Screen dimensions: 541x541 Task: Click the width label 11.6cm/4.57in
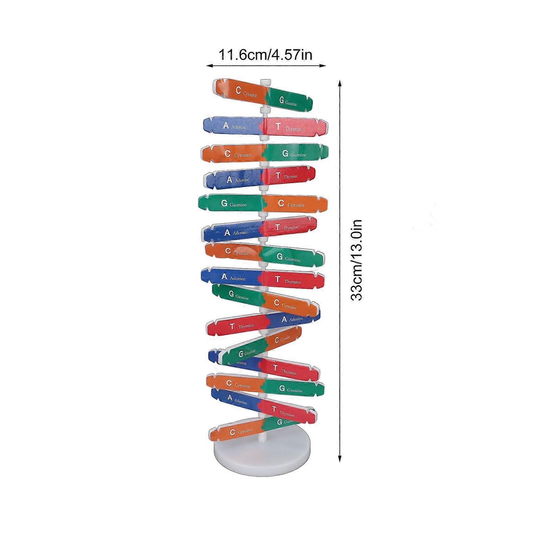266,54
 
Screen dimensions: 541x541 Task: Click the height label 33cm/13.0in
356,260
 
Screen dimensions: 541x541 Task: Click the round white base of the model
261,455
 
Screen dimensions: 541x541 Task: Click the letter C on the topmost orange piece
239,90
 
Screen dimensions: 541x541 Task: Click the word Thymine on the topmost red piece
293,129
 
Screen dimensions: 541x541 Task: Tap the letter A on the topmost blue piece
226,125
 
